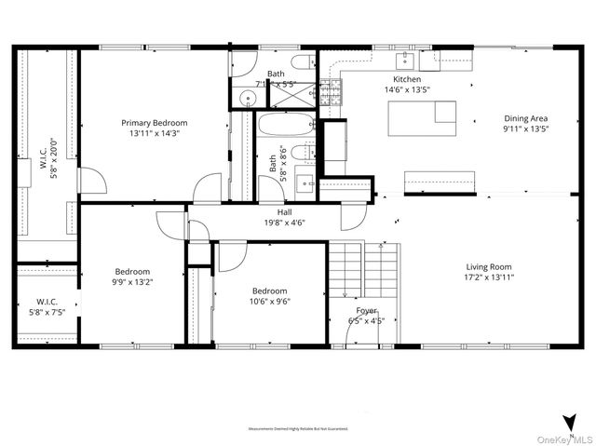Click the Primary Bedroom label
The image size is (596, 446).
tap(155, 122)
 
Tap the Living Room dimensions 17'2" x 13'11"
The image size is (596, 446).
tap(489, 277)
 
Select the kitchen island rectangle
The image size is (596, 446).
tap(423, 118)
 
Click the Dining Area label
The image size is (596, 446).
tap(525, 118)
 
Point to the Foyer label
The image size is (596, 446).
tap(367, 311)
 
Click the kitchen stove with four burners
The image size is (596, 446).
tap(331, 91)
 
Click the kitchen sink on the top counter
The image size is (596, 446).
tap(406, 61)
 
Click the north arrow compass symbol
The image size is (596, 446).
tap(568, 421)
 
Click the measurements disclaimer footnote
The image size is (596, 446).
tap(298, 429)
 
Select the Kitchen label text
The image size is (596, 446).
tap(408, 80)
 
